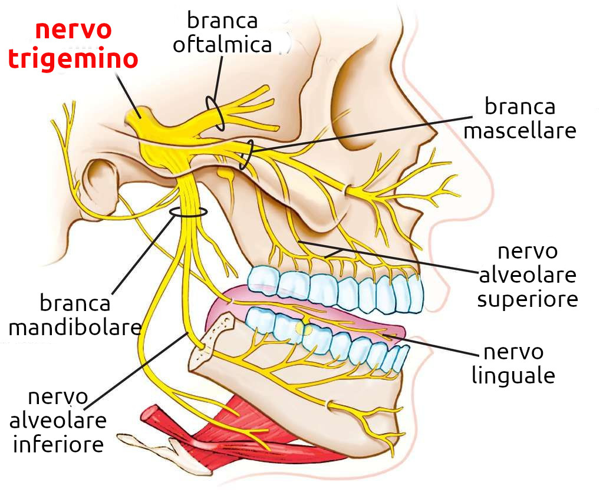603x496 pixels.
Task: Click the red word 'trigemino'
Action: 74,59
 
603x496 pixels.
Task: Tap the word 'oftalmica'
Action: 222,45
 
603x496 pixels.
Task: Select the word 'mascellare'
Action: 519,131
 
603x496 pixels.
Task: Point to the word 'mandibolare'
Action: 75,327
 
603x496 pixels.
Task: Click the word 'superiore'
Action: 527,299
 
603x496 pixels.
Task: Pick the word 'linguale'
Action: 513,375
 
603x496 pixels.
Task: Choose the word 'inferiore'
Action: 58,444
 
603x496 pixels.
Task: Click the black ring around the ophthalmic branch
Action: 215,113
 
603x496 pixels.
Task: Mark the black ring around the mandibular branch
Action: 188,213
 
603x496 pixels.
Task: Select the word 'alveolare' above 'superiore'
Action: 527,275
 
